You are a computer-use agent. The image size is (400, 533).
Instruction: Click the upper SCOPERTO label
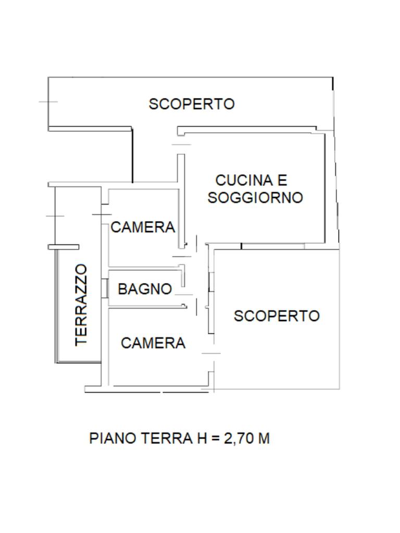click(x=192, y=104)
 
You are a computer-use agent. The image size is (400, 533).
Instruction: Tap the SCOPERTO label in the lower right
click(x=277, y=316)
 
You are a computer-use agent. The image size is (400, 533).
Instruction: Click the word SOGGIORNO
click(x=255, y=198)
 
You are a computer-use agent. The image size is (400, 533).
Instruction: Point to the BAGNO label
click(x=145, y=289)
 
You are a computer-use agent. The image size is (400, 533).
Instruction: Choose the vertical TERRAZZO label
click(x=81, y=305)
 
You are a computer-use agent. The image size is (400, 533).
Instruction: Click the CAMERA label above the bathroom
click(x=143, y=227)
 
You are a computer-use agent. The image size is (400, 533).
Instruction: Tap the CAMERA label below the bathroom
click(x=153, y=344)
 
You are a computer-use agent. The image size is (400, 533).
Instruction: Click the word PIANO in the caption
click(x=113, y=438)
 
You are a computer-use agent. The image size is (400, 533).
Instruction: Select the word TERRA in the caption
click(x=167, y=438)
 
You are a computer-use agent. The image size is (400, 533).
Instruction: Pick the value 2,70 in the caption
click(x=238, y=438)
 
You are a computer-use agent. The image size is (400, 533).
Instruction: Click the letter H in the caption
click(x=202, y=438)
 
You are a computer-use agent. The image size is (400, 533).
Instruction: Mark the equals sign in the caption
click(x=215, y=438)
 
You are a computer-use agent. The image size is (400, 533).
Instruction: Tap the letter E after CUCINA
click(x=282, y=181)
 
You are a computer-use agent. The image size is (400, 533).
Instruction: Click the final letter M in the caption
click(x=264, y=438)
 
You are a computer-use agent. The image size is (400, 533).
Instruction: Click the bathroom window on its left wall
click(x=105, y=288)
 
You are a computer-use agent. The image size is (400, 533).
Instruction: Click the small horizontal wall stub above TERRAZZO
click(x=64, y=247)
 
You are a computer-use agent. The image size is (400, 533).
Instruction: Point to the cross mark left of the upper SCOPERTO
click(x=48, y=101)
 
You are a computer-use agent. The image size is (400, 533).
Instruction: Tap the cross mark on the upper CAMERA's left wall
click(x=102, y=214)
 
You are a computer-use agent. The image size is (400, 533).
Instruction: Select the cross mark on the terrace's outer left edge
click(x=55, y=216)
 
